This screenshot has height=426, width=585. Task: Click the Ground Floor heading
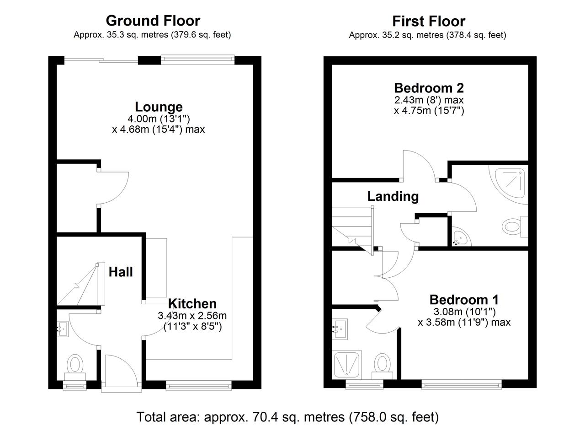coord(153,21)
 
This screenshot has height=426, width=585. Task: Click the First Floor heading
coord(429,21)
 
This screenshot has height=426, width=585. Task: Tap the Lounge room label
coord(159,107)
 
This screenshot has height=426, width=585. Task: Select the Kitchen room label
coord(192,304)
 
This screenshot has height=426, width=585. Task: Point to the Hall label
coord(121,272)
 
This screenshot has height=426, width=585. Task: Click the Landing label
coord(393,196)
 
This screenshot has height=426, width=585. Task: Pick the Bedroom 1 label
coord(464,300)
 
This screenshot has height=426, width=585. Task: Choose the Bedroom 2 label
coord(429,88)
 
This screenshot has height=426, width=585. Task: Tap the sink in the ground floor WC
coord(63,329)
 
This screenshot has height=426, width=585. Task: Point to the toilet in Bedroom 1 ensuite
coord(383,366)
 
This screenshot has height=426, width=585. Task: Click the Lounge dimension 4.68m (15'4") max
coord(158,129)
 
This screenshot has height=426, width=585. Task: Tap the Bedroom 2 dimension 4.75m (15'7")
coord(429,111)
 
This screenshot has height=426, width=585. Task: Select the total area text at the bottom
coord(287,417)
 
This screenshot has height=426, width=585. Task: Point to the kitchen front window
coord(198,385)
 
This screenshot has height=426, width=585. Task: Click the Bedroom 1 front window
coord(462,384)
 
